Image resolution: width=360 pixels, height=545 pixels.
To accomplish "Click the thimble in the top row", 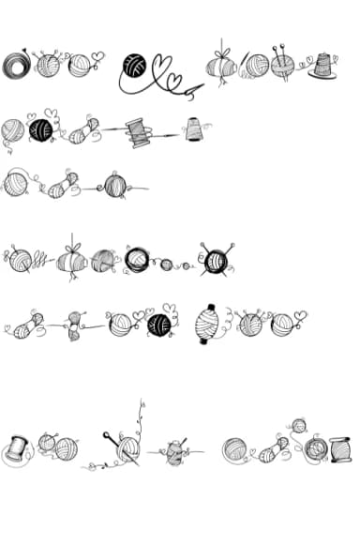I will (322, 66).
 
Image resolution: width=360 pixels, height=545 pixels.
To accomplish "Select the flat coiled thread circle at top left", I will (16, 65).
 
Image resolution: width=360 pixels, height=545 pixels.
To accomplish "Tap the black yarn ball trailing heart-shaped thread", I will (135, 65).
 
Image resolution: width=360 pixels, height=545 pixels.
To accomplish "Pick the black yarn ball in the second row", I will (40, 129).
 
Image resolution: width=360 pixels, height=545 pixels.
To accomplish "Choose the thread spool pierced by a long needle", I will (140, 131).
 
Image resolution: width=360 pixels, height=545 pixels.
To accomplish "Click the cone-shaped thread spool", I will (194, 129).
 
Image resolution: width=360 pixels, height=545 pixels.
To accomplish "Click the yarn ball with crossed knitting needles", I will (215, 259).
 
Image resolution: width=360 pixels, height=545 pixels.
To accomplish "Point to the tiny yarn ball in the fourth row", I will (167, 265).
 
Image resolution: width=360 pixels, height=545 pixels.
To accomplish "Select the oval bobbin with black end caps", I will (209, 325).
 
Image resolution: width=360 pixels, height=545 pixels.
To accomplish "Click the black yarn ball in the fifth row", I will (160, 325).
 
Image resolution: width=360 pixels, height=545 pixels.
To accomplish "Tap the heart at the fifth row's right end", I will (300, 315).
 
